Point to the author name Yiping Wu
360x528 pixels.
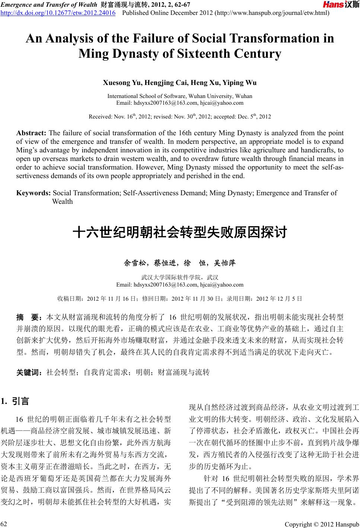point(242,83)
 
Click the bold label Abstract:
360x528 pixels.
point(31,133)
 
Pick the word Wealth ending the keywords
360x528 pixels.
point(63,202)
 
